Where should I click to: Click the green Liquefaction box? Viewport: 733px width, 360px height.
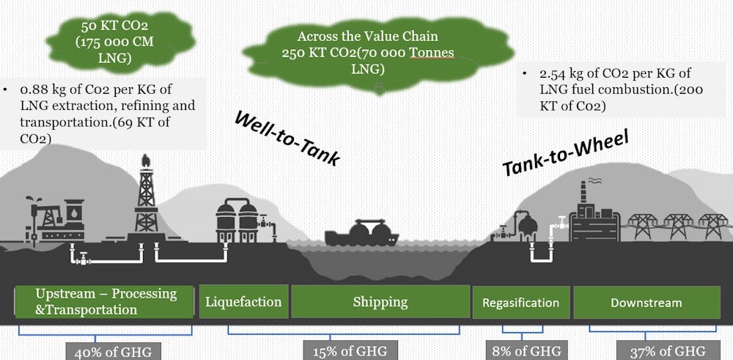pos(243,301)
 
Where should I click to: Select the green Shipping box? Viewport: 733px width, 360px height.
pos(380,301)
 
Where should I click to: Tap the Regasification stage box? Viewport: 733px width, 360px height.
pos(520,302)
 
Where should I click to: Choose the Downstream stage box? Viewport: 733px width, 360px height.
pos(646,302)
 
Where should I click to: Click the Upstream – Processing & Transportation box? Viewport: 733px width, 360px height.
pos(106,301)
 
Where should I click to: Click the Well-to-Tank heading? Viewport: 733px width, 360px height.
pos(287,137)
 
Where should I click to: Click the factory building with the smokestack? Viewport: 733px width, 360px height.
pos(592,216)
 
